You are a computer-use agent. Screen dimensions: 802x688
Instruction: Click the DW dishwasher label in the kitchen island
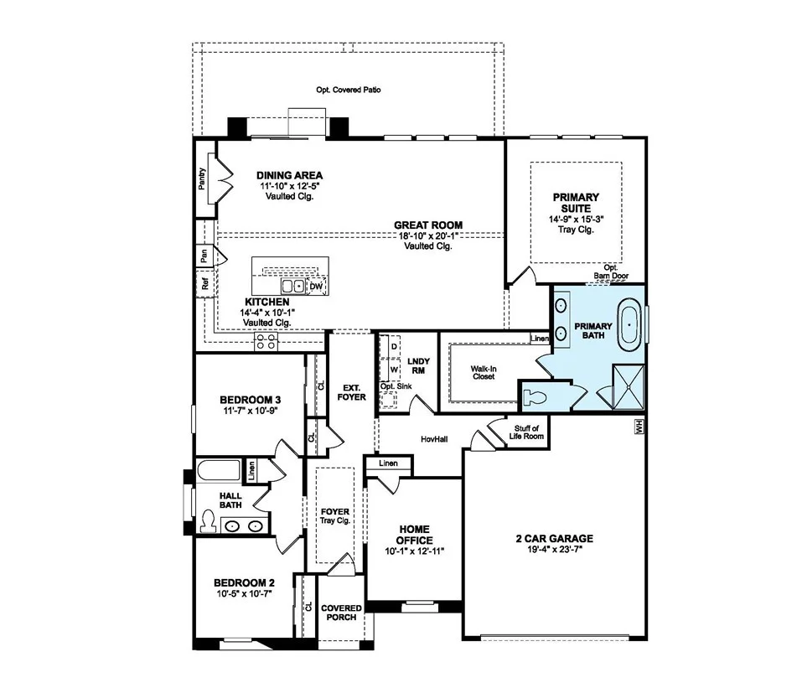pos(317,287)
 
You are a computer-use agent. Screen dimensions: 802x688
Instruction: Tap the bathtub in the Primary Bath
pos(629,327)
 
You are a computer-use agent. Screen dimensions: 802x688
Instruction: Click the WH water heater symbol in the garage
pos(639,427)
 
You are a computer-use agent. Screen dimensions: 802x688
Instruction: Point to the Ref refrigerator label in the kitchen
pos(205,283)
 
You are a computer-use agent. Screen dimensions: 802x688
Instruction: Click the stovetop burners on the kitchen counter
pos(266,342)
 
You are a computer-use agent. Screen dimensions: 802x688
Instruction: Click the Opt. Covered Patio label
pos(349,90)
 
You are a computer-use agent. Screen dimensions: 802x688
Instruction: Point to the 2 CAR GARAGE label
pos(555,538)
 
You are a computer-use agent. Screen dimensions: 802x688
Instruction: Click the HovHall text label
pos(434,439)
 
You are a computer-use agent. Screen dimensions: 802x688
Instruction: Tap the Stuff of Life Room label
pos(526,432)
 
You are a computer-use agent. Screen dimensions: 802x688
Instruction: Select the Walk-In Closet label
pos(484,372)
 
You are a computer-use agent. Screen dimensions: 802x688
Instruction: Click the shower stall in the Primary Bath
pos(628,386)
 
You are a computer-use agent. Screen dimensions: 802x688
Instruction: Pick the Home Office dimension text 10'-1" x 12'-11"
pos(414,551)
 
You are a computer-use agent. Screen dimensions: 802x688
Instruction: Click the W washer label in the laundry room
pos(394,369)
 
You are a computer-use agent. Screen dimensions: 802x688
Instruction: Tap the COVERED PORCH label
pos(341,613)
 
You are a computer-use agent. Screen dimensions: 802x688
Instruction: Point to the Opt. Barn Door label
pos(611,272)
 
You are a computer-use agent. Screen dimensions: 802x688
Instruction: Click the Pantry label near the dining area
pos(202,178)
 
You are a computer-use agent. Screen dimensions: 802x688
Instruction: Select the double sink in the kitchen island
pos(293,286)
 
